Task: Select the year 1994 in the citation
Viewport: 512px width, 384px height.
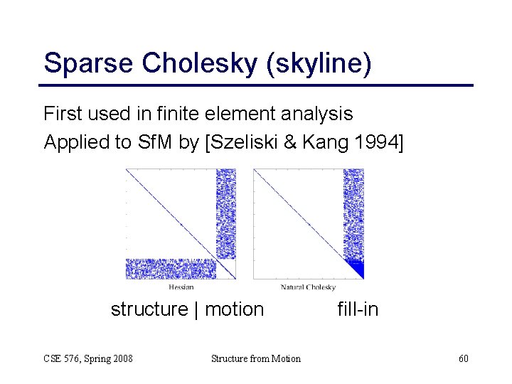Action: tap(379, 142)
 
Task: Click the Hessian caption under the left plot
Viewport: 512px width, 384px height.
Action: tap(181, 287)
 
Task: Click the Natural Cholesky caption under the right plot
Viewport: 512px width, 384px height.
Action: tap(309, 287)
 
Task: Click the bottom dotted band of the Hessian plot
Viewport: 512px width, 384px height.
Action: tap(171, 269)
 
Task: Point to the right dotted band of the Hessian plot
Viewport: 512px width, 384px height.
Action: tap(225, 213)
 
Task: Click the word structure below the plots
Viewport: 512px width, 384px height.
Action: tap(149, 309)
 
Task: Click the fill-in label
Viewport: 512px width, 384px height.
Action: tap(358, 309)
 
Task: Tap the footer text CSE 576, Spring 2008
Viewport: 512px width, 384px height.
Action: tap(88, 358)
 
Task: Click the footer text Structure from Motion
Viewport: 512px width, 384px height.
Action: tap(256, 358)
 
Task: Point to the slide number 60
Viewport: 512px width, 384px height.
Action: tap(463, 358)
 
